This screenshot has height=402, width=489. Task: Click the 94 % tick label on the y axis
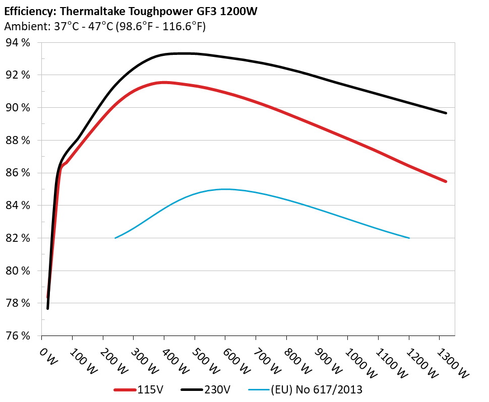coord(18,43)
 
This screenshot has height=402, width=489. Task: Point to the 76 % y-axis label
coord(18,336)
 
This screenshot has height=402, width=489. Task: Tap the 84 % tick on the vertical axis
coord(18,206)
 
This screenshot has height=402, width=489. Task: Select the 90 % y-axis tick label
coord(18,108)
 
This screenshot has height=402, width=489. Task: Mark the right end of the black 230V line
coord(446,113)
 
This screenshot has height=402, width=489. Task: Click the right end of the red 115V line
coord(446,181)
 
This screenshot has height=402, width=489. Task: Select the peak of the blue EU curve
coord(225,189)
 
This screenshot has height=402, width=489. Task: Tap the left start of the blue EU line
coord(115,238)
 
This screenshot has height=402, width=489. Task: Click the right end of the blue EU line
coord(409,238)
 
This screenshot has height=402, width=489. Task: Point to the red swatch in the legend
coord(125,389)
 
